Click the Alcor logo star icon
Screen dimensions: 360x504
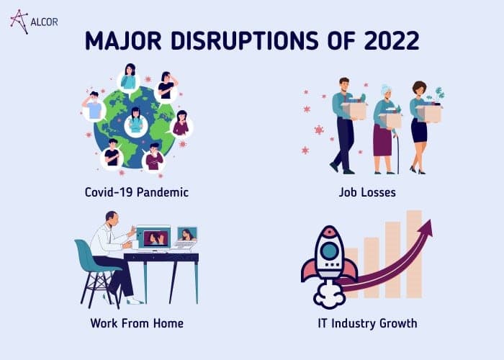19,22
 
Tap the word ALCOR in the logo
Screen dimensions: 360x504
44,22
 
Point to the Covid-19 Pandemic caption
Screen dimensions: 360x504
137,192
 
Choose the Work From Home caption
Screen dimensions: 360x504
137,323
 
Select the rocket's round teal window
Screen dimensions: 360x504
329,251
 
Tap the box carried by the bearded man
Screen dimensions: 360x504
355,110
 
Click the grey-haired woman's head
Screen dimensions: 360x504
387,91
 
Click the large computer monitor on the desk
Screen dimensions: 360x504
153,238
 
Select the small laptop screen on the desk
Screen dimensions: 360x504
187,234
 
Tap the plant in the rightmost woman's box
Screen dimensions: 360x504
437,95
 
